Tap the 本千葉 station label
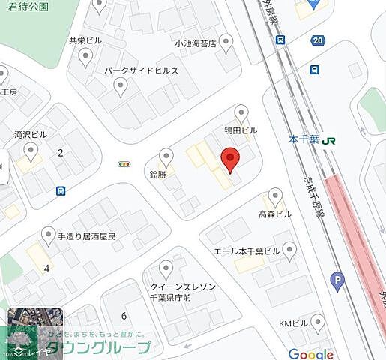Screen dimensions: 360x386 pyautogui.click(x=304, y=139)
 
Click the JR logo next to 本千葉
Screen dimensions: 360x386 pyautogui.click(x=330, y=139)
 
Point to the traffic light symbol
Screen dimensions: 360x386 pyautogui.click(x=124, y=164)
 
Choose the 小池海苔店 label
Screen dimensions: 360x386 pyautogui.click(x=195, y=43)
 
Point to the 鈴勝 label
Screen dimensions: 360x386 pyautogui.click(x=157, y=174)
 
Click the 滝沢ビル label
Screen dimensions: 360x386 pyautogui.click(x=30, y=135)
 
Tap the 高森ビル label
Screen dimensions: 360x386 pyautogui.click(x=275, y=214)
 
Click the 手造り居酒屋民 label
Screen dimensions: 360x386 pyautogui.click(x=88, y=235)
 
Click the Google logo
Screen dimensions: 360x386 pyautogui.click(x=310, y=354)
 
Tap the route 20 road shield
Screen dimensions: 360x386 pyautogui.click(x=319, y=40)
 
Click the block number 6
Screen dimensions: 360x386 pyautogui.click(x=124, y=316)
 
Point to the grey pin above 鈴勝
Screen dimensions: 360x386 pyautogui.click(x=166, y=157)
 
